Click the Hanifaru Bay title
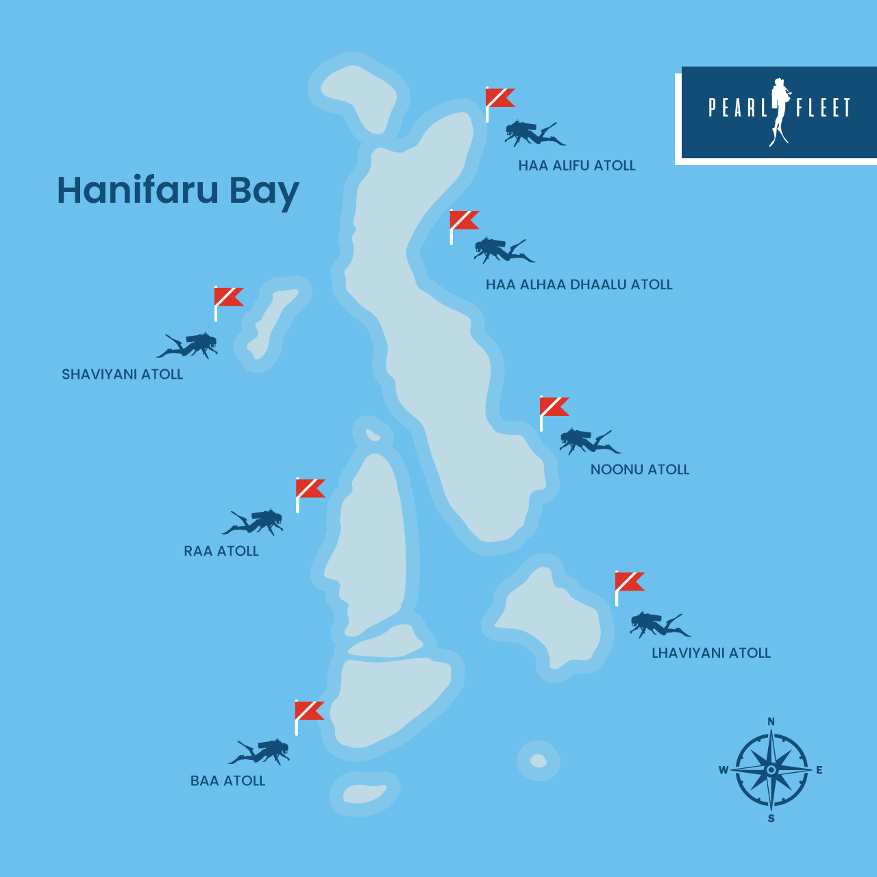tap(177, 190)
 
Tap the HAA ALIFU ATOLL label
tap(577, 166)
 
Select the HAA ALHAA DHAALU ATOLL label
tap(579, 285)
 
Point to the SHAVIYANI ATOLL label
tap(123, 375)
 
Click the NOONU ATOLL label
tap(640, 470)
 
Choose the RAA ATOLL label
tap(221, 552)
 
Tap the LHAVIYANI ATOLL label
tap(711, 654)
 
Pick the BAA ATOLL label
tap(227, 781)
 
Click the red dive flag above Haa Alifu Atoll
tap(499, 99)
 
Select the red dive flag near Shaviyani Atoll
tap(228, 298)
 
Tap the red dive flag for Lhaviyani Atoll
tap(629, 582)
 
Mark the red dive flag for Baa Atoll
tap(309, 712)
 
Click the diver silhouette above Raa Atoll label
tap(254, 522)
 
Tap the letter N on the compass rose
tap(771, 721)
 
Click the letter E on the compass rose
tap(819, 770)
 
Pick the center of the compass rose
tap(771, 770)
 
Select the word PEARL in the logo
tap(737, 108)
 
